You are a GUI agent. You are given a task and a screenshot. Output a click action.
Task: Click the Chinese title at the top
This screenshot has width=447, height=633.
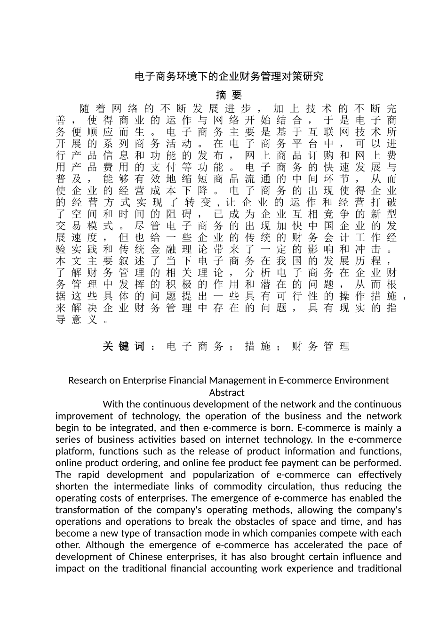click(x=229, y=77)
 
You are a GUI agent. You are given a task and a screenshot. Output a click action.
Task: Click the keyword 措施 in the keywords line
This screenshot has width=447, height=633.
click(x=258, y=347)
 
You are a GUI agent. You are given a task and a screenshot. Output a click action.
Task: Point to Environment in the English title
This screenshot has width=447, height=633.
click(x=362, y=381)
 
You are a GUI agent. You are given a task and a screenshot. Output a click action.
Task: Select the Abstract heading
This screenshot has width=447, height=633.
click(x=227, y=392)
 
